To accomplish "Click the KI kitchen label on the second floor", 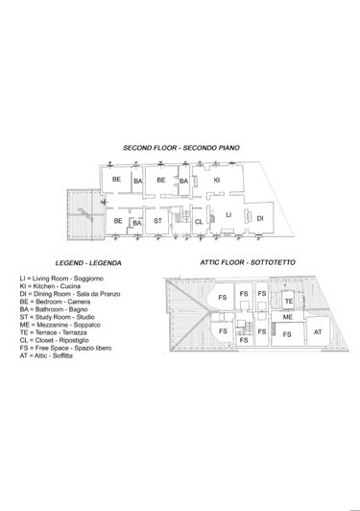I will click(x=217, y=180).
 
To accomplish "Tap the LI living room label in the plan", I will click(x=228, y=214).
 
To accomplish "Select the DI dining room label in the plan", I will click(x=260, y=218).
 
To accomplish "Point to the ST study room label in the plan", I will click(x=158, y=222).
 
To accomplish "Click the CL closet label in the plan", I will click(x=199, y=222).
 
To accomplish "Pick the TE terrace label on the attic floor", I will click(x=288, y=302).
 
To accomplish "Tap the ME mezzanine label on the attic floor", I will click(x=287, y=316).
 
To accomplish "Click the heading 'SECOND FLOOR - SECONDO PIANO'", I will click(x=181, y=147).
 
